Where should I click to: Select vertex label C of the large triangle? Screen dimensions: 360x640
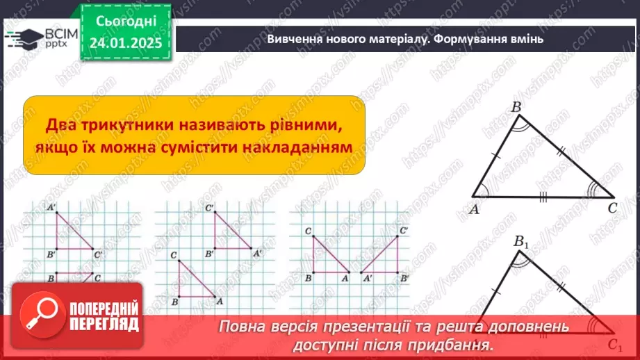coord(612,208)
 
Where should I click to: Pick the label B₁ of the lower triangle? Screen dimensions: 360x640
coord(521,243)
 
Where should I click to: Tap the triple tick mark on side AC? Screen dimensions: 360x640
coord(542,197)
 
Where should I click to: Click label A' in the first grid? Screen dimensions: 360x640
coord(52,207)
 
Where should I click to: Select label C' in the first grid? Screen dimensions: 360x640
coord(98,254)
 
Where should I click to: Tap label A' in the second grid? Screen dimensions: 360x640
coord(257,255)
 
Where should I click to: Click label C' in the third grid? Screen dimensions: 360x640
coord(404,230)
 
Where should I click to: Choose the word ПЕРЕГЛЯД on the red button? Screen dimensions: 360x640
coord(104,324)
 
